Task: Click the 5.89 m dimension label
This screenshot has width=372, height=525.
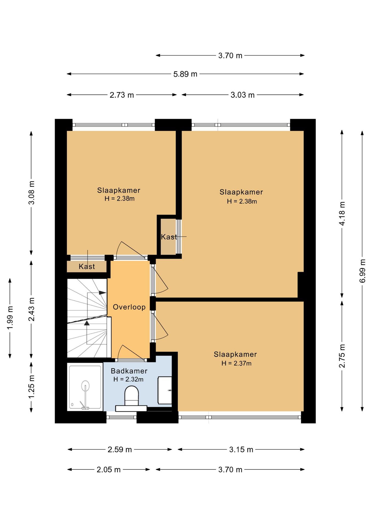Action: click(185, 74)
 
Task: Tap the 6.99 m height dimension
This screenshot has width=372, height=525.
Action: click(362, 271)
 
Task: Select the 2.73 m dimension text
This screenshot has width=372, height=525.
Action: click(122, 95)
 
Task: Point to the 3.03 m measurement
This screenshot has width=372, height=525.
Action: click(242, 95)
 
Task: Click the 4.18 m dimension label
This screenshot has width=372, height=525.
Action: click(342, 213)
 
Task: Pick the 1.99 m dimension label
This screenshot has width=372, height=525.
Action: click(10, 318)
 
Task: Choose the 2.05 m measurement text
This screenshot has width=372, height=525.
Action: click(108, 470)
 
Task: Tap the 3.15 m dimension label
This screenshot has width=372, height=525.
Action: click(241, 450)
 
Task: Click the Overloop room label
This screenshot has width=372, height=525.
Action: click(129, 307)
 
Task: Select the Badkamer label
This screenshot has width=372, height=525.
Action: click(129, 371)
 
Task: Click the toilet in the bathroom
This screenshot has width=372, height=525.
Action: click(131, 395)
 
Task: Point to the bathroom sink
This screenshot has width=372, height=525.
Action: click(165, 390)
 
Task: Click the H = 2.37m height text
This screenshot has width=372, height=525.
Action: click(236, 363)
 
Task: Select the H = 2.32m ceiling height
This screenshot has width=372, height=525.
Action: click(128, 379)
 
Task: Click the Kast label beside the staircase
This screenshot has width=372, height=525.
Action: click(87, 267)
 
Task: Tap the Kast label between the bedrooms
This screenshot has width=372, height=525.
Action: click(169, 237)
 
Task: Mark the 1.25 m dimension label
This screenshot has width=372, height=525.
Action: click(31, 387)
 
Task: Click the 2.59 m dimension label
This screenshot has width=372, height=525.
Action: click(120, 450)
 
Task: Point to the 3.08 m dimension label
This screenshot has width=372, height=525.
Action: click(31, 192)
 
